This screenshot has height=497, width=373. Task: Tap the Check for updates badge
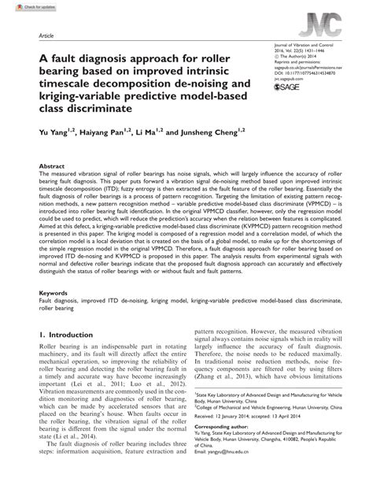pyautogui.click(x=21, y=6)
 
